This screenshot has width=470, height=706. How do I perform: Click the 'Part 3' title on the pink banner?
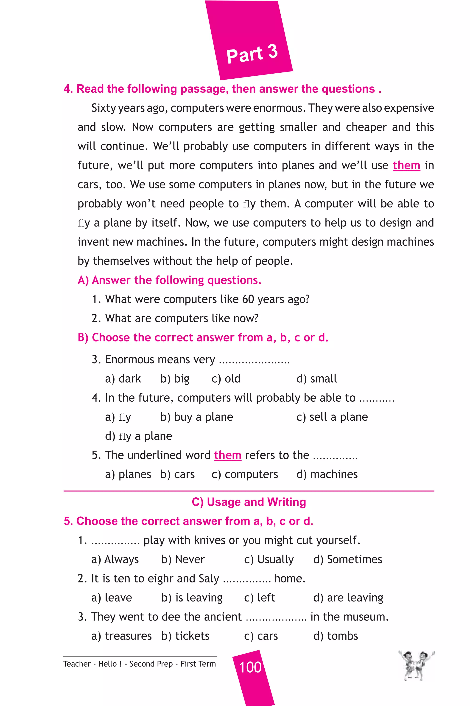pyautogui.click(x=252, y=54)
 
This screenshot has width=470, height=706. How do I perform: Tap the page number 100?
pyautogui.click(x=250, y=667)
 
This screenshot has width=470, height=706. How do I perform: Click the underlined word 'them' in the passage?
pyautogui.click(x=406, y=165)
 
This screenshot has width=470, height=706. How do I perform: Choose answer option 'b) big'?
pyautogui.click(x=175, y=379)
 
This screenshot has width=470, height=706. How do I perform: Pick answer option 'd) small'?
pyautogui.click(x=316, y=379)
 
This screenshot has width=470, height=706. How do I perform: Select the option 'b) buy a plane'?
pyautogui.click(x=197, y=417)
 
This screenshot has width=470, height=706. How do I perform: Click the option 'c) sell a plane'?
pyautogui.click(x=332, y=417)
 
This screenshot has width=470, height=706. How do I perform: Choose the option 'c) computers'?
pyautogui.click(x=245, y=474)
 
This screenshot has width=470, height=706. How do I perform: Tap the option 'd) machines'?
pyautogui.click(x=327, y=474)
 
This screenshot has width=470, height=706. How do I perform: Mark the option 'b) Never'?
pyautogui.click(x=183, y=559)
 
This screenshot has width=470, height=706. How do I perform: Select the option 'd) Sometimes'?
pyautogui.click(x=347, y=559)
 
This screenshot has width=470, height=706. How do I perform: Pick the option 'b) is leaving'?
pyautogui.click(x=192, y=598)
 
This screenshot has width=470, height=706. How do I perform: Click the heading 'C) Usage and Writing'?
pyautogui.click(x=249, y=502)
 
